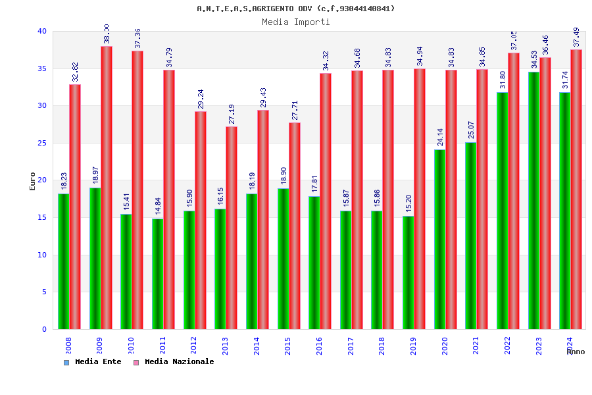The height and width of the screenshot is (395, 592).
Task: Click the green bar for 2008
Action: pyautogui.click(x=63, y=261)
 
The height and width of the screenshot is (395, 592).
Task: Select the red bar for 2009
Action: pyautogui.click(x=107, y=188)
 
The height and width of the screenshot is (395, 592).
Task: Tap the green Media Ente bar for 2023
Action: pyautogui.click(x=533, y=200)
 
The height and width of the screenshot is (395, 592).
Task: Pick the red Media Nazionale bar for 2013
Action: pyautogui.click(x=232, y=228)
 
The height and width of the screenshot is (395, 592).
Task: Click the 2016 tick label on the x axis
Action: pyautogui.click(x=320, y=346)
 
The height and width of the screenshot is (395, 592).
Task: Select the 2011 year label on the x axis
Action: pyautogui.click(x=163, y=346)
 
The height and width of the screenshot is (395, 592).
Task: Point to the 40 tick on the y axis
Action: pyautogui.click(x=42, y=31)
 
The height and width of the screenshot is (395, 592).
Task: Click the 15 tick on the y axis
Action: pyautogui.click(x=42, y=217)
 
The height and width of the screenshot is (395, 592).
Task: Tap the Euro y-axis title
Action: pyautogui.click(x=33, y=181)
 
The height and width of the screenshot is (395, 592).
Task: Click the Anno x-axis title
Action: pyautogui.click(x=576, y=352)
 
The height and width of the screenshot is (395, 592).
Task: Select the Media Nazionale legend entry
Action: pyautogui.click(x=179, y=361)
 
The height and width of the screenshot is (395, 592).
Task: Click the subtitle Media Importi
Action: pyautogui.click(x=296, y=22)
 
